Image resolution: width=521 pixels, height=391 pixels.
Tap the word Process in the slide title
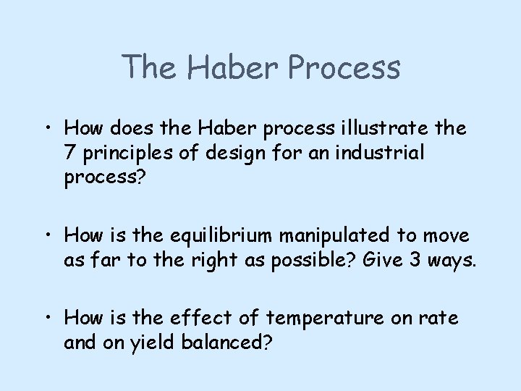(x=343, y=67)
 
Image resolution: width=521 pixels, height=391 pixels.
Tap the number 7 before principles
(x=69, y=154)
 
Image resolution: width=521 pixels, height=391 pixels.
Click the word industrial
(x=381, y=154)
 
